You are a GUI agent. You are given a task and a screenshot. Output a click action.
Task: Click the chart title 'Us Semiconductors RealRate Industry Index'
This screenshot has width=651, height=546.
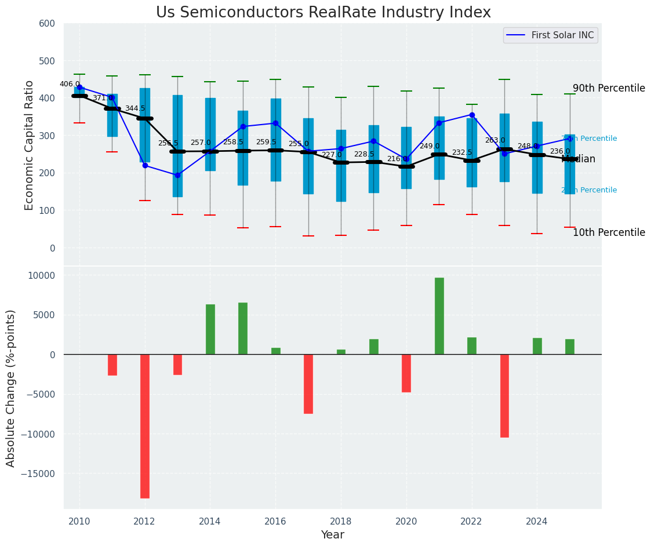click(323, 13)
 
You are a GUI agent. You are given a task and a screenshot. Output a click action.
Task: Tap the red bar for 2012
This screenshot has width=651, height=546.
click(145, 426)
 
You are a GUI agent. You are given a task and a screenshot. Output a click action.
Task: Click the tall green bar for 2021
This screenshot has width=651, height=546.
click(439, 316)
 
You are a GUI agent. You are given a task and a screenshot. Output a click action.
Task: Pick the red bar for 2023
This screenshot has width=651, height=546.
click(504, 395)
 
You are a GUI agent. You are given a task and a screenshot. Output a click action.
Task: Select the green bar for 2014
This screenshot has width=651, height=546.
click(210, 329)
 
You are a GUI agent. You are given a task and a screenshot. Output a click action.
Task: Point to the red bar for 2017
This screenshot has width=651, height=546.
click(308, 384)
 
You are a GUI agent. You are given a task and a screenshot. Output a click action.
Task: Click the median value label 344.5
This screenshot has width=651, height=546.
click(135, 108)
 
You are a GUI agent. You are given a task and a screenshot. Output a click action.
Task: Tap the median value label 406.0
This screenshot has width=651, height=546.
click(70, 84)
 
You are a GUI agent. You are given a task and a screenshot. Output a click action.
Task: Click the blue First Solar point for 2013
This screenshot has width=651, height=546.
click(177, 175)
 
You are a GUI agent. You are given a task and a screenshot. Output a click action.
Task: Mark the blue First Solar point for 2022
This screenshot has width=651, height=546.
click(472, 115)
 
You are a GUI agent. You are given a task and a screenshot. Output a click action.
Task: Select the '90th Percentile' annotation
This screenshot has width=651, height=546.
click(609, 89)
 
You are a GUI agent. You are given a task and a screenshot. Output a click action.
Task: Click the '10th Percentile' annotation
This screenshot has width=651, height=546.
click(609, 233)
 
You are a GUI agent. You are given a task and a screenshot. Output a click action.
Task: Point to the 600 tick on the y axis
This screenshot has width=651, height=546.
click(47, 24)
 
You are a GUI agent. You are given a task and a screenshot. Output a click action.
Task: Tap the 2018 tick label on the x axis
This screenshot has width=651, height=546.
click(341, 522)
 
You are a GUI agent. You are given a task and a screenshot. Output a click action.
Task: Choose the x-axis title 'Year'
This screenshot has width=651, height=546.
click(333, 535)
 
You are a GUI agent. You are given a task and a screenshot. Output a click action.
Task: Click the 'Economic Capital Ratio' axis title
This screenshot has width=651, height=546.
click(30, 136)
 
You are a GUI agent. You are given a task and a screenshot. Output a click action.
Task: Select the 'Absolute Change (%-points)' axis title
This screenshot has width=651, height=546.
click(11, 388)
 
